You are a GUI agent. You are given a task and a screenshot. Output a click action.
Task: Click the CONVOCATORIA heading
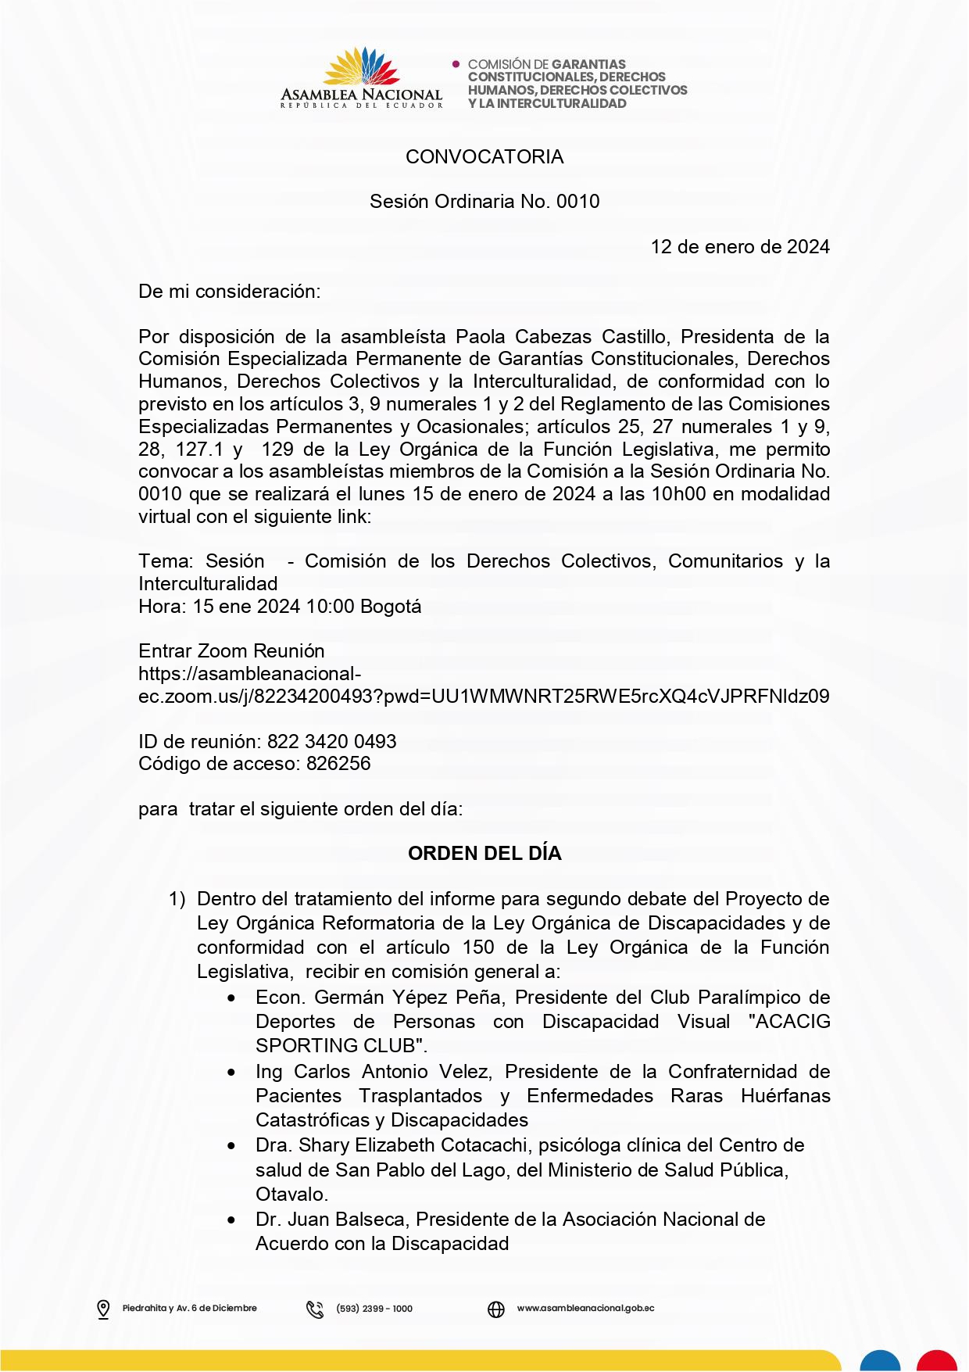coord(484,156)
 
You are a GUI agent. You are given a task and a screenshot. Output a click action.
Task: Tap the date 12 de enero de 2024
coord(739,247)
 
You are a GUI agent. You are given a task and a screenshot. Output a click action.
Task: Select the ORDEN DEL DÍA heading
coord(484,853)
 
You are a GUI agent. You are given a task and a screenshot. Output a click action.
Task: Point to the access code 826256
coord(338,764)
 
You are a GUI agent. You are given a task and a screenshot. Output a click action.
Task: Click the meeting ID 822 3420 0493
coord(331,741)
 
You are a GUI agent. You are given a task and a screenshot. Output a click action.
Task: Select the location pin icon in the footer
coord(103,1309)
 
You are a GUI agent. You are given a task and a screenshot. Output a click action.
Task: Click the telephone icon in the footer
coord(315,1309)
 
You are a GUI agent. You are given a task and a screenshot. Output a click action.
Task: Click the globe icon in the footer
coord(496,1309)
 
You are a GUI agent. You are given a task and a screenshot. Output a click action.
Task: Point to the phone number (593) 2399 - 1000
coord(374,1309)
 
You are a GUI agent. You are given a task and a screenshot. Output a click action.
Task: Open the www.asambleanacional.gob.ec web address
coord(585,1308)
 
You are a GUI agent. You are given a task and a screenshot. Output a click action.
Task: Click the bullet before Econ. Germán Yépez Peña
coord(231,998)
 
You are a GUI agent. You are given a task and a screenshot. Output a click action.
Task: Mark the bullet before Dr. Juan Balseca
coord(231,1220)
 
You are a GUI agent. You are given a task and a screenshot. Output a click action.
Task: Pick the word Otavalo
coord(291,1195)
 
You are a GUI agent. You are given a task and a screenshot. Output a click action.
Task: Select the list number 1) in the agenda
coord(177,899)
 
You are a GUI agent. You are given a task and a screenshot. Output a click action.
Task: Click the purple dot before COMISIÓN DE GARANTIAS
coord(456,64)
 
